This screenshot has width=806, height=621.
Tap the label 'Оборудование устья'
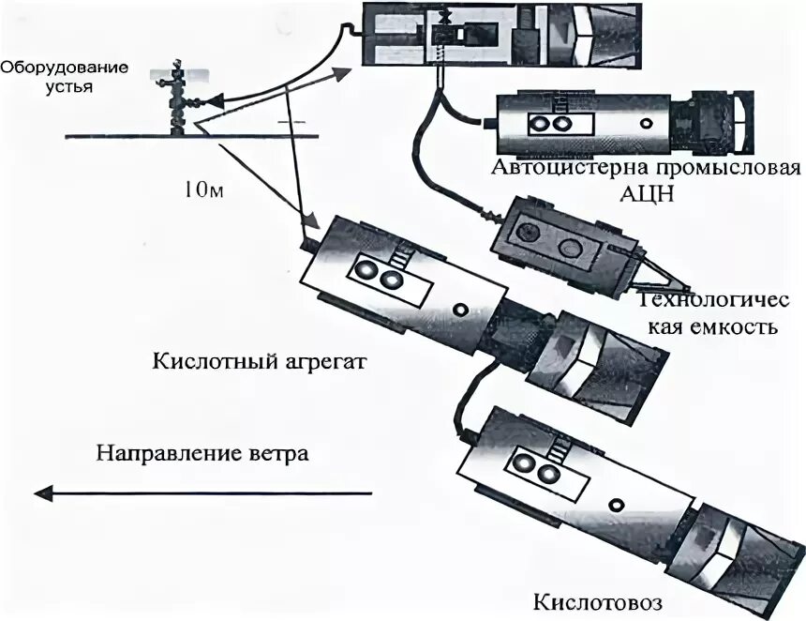pyautogui.click(x=55, y=77)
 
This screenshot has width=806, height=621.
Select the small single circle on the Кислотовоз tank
pyautogui.click(x=615, y=505)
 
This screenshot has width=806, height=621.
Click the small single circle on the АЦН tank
pyautogui.click(x=644, y=122)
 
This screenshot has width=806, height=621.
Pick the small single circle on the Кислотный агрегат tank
pyautogui.click(x=458, y=309)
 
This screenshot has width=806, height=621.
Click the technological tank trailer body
pyautogui.click(x=553, y=238)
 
